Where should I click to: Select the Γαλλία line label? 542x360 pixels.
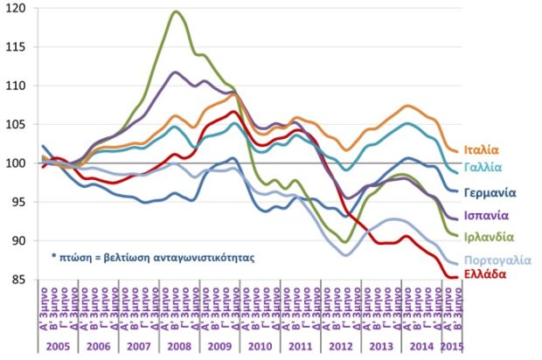(483, 166)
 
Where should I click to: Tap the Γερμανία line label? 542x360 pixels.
(487, 192)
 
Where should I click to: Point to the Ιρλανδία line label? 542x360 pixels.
(487, 236)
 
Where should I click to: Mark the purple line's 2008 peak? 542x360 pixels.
(177, 72)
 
